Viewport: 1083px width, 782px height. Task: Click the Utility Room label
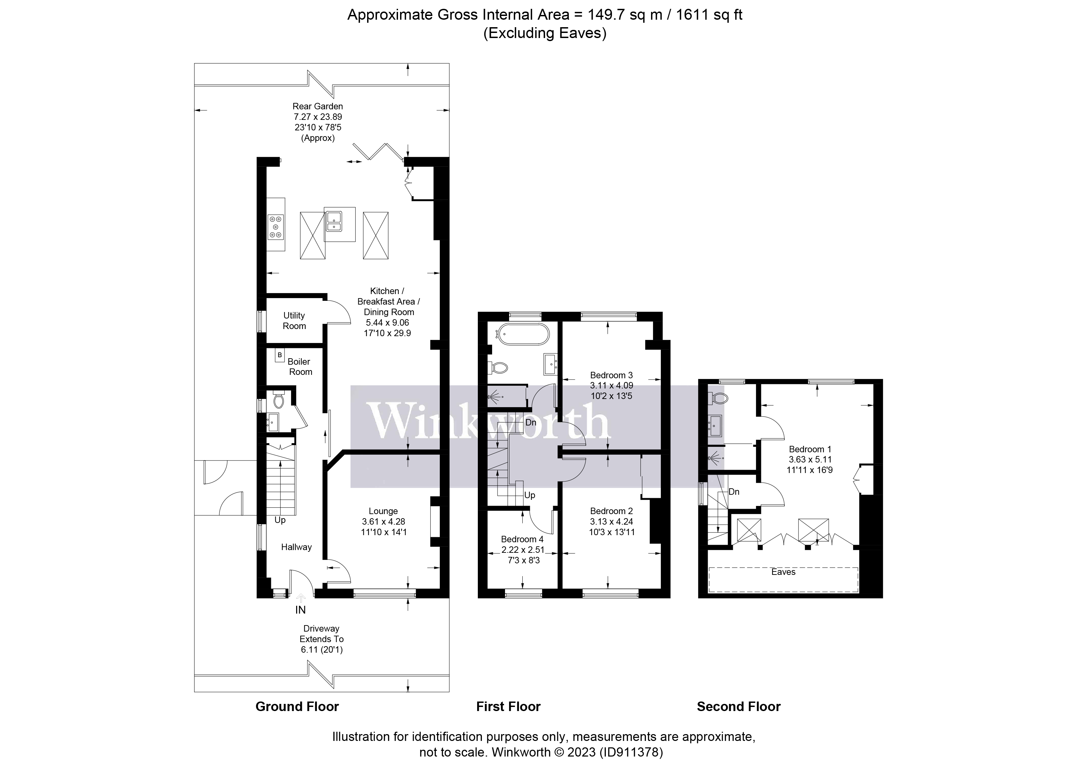pyautogui.click(x=294, y=321)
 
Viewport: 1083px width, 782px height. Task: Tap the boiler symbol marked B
pyautogui.click(x=279, y=355)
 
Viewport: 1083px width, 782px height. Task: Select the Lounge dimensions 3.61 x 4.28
pyautogui.click(x=383, y=521)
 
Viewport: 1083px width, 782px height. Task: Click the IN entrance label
pyautogui.click(x=300, y=610)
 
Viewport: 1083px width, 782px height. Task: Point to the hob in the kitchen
pyautogui.click(x=275, y=227)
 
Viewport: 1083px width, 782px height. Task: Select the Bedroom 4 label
pyautogui.click(x=522, y=539)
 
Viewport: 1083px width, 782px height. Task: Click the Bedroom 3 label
pyautogui.click(x=611, y=375)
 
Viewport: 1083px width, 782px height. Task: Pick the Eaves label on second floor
pyautogui.click(x=783, y=571)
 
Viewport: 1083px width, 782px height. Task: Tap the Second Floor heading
pyautogui.click(x=738, y=707)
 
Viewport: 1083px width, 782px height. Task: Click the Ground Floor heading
pyautogui.click(x=297, y=707)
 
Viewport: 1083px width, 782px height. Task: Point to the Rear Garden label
pyautogui.click(x=318, y=106)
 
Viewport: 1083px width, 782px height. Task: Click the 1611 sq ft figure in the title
pyautogui.click(x=709, y=15)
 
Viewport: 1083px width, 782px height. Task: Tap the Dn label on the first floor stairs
pyautogui.click(x=530, y=422)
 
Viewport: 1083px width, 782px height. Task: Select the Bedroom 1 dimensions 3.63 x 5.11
pyautogui.click(x=810, y=459)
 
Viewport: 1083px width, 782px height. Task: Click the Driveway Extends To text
pyautogui.click(x=321, y=634)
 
